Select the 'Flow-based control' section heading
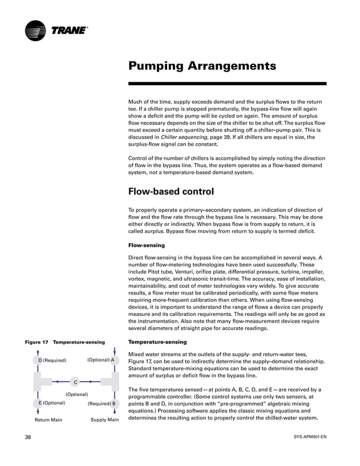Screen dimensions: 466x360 point(171,192)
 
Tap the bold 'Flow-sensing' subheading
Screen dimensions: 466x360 point(147,245)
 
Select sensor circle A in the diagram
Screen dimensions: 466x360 point(113,360)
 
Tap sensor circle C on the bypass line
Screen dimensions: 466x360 point(76,383)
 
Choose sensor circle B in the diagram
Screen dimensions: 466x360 point(113,404)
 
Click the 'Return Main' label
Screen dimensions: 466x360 point(48,420)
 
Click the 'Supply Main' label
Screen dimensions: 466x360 point(104,420)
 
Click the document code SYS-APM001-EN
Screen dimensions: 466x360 point(310,437)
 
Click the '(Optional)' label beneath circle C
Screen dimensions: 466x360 point(77,394)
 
